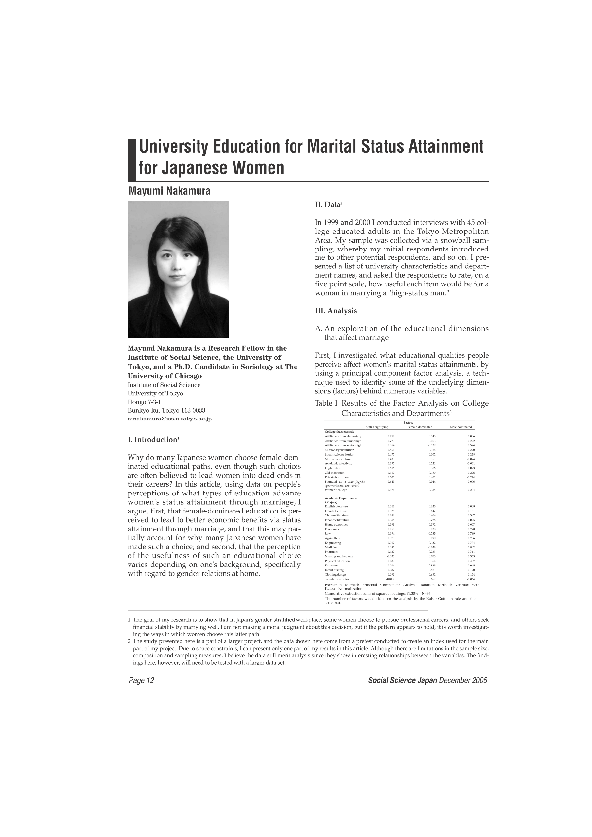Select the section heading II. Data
(327, 203)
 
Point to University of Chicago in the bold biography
(173, 376)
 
